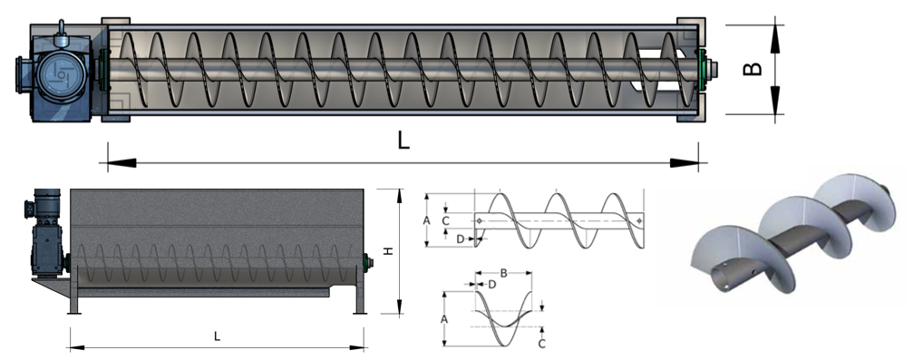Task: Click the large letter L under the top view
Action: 403,141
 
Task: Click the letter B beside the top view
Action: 753,69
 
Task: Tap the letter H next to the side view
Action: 388,251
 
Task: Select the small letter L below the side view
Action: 217,336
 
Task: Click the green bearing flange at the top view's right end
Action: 701,70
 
